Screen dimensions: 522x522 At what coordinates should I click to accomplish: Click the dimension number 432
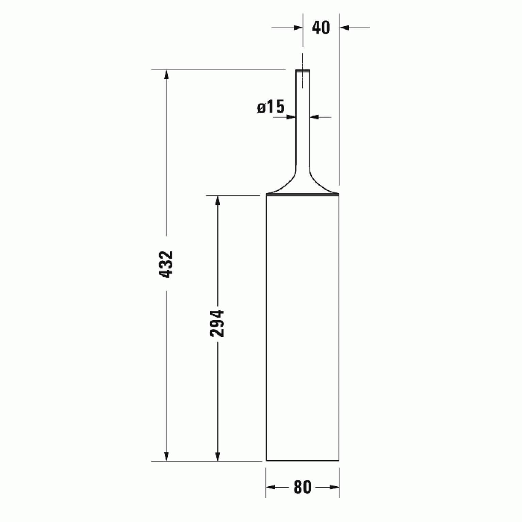(167, 264)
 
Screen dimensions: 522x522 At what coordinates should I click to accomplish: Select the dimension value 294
(217, 323)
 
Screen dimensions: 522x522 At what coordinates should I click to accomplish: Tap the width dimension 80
(302, 487)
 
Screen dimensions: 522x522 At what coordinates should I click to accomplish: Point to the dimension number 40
(321, 27)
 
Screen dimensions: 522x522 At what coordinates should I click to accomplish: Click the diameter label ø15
(271, 107)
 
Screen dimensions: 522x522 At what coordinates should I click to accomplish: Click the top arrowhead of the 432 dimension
(166, 75)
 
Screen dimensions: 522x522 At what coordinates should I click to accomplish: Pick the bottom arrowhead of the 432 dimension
(166, 456)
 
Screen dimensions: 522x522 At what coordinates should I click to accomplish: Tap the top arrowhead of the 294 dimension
(218, 200)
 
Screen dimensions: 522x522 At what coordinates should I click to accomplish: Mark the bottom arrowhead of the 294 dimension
(218, 456)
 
